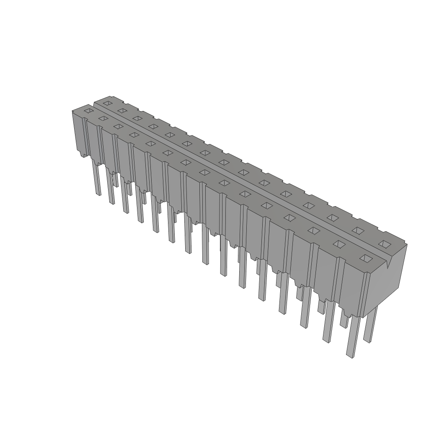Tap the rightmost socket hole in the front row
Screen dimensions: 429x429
tap(366, 258)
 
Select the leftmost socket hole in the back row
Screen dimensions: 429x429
tap(107, 103)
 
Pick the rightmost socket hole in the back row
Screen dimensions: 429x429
tap(384, 243)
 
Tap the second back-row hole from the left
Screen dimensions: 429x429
tap(122, 111)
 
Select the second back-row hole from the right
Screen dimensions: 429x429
tap(357, 230)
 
